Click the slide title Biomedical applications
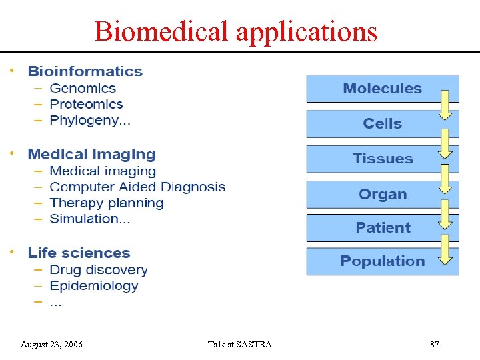click(235, 31)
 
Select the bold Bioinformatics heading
click(85, 71)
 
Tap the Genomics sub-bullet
click(83, 88)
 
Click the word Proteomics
click(86, 104)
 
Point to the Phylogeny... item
click(90, 121)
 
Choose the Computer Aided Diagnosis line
click(137, 187)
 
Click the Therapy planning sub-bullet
click(106, 203)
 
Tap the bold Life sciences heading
click(79, 253)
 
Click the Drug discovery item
click(98, 270)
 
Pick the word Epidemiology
click(93, 286)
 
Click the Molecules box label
click(382, 89)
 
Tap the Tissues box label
click(382, 159)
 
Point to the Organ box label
click(382, 195)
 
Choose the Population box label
click(382, 261)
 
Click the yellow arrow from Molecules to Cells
click(445, 105)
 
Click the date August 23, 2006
click(51, 345)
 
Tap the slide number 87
click(435, 345)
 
